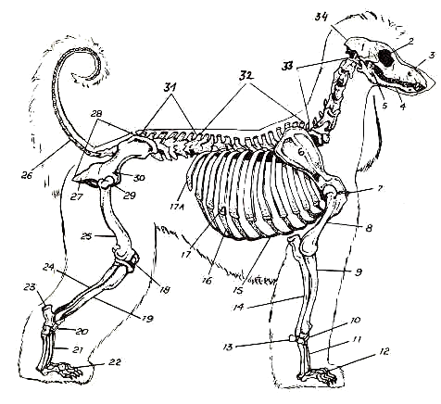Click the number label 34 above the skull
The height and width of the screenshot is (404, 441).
click(322, 17)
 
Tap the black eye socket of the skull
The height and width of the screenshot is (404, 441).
click(386, 57)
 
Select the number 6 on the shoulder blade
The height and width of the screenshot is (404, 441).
click(301, 151)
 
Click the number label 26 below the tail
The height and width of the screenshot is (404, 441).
click(27, 175)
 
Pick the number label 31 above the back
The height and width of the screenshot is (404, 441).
click(169, 87)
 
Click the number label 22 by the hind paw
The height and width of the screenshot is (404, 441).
click(114, 361)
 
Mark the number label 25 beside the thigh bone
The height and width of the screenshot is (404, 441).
click(87, 236)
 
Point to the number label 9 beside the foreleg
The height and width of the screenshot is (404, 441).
click(359, 271)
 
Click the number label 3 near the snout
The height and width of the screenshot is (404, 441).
click(430, 56)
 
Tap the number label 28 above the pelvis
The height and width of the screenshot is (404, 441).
click(96, 113)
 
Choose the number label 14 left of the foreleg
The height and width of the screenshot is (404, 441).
click(239, 307)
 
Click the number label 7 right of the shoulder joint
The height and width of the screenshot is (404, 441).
click(380, 188)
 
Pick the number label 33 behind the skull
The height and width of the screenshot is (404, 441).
click(289, 66)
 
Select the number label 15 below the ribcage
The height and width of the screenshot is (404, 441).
click(237, 290)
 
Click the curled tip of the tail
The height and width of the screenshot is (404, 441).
click(73, 76)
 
